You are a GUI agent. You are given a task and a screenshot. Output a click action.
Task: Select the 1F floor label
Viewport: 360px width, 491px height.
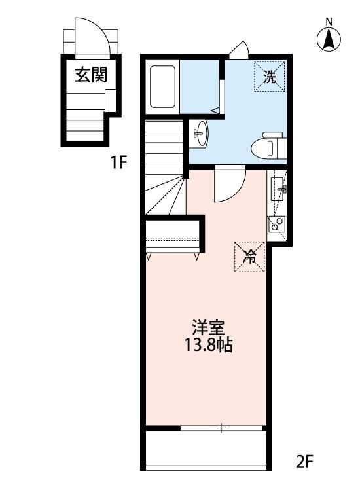[x=118, y=162]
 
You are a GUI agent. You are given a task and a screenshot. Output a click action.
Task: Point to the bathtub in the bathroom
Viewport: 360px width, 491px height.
[x=163, y=86]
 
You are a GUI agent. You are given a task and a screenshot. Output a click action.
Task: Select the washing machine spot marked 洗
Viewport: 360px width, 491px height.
[x=270, y=77]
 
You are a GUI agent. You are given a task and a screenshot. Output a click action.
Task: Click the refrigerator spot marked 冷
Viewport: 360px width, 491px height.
[x=249, y=257]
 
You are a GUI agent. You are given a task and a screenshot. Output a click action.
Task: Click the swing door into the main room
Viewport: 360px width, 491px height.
[x=228, y=183]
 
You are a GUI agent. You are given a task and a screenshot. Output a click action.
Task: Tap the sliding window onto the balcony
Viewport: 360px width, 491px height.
[x=222, y=429]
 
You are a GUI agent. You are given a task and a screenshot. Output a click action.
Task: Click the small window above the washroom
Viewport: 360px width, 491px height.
[x=240, y=50]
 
